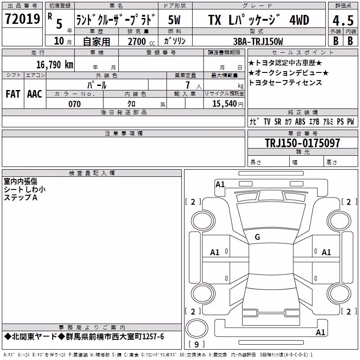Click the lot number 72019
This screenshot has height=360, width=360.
(22, 19)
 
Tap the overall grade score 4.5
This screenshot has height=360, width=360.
(343, 21)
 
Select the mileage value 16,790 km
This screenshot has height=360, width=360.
(55, 65)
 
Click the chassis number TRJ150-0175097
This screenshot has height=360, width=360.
(302, 143)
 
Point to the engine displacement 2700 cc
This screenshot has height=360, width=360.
(141, 41)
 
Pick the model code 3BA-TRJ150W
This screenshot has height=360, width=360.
(258, 41)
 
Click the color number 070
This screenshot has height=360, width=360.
(75, 104)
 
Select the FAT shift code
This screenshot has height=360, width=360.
(13, 94)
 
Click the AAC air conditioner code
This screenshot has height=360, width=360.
(35, 94)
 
